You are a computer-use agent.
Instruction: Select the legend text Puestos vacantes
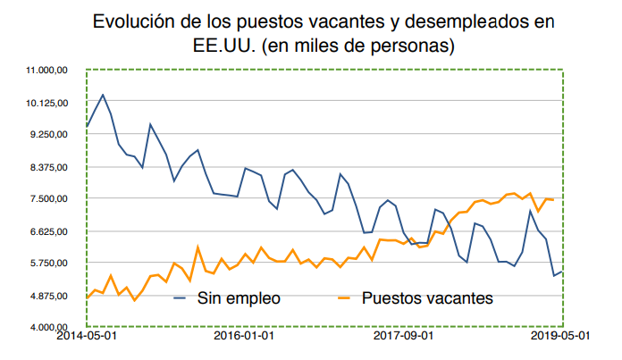tap(427, 298)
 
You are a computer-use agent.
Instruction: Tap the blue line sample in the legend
tap(185, 298)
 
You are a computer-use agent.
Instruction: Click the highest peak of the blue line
tap(103, 94)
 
